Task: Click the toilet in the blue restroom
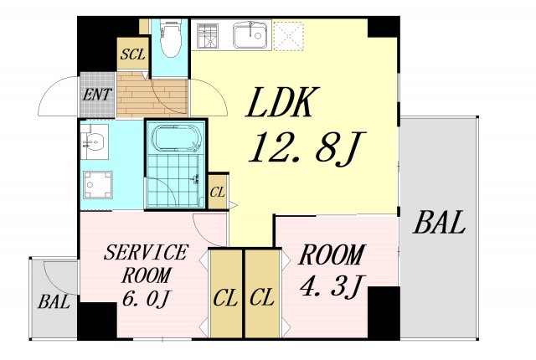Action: (170, 38)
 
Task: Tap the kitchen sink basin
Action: (251, 35)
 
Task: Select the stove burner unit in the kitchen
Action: (208, 35)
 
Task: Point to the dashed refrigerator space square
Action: (289, 36)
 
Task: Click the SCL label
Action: (133, 54)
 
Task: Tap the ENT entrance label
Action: (97, 95)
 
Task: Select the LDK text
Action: (282, 102)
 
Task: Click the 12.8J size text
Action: (307, 147)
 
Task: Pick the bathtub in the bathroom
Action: (176, 138)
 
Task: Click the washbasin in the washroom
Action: (95, 141)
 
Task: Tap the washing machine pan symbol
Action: (98, 184)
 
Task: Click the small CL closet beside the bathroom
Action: (218, 192)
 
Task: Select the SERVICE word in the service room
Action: (146, 252)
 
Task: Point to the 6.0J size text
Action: (146, 298)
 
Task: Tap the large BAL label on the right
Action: (439, 222)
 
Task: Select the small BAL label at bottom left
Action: (54, 301)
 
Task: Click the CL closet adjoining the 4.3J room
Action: (262, 294)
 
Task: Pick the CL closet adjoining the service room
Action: (225, 294)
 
